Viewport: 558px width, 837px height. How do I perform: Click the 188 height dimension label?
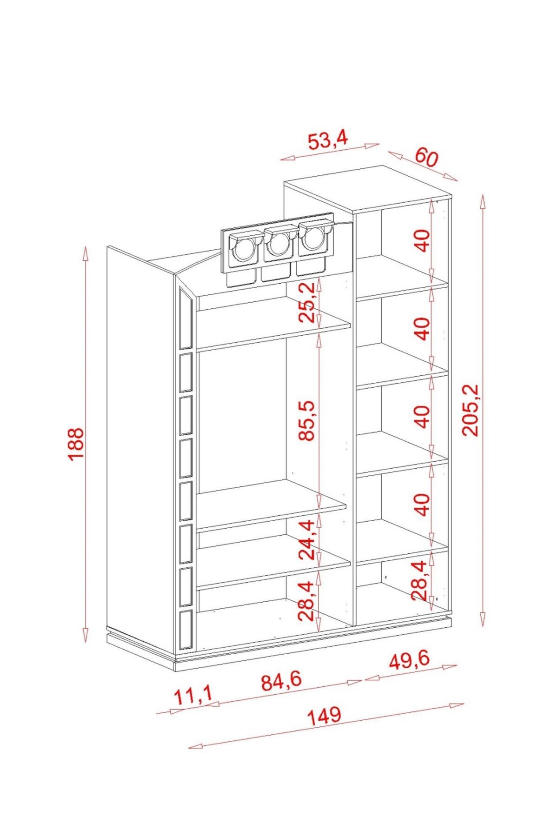[75, 444]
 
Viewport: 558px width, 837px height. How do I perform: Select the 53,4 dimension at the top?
[328, 140]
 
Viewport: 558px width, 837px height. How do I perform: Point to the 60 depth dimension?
[426, 157]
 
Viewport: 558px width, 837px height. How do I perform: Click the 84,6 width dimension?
[282, 681]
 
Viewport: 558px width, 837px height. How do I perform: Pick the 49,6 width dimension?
[410, 661]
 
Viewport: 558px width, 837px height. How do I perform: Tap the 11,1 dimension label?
[193, 696]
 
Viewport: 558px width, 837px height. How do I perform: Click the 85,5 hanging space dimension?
[307, 420]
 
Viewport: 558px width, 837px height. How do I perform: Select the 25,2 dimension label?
[307, 303]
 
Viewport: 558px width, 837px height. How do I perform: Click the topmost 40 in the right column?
[423, 241]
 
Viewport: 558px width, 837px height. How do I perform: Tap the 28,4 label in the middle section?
[307, 600]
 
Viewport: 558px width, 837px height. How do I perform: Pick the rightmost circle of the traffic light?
[313, 240]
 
